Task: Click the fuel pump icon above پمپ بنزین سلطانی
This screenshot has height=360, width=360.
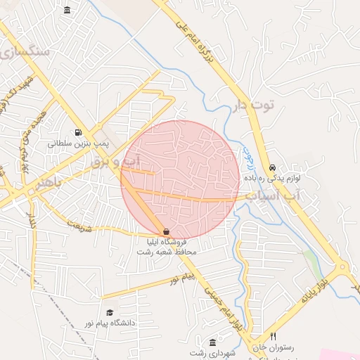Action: [x=77, y=131]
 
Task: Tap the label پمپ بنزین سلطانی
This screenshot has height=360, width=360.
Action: [x=79, y=143]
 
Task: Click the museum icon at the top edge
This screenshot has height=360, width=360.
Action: [x=67, y=10]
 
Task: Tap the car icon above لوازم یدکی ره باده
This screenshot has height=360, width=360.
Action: [x=272, y=167]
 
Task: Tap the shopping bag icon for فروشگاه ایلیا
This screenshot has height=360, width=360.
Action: [x=166, y=231]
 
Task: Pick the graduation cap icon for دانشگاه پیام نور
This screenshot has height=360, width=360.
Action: [x=109, y=312]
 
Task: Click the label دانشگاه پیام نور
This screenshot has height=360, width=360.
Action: [x=110, y=323]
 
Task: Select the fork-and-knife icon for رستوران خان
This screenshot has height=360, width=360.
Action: [x=273, y=336]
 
